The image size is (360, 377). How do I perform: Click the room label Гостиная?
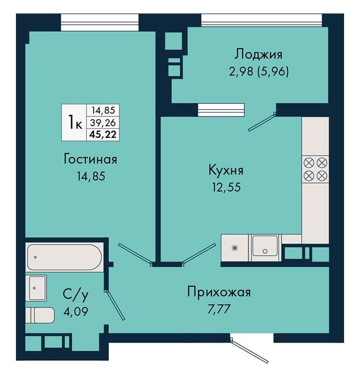point(91,159)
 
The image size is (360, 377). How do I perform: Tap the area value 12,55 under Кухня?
point(226,187)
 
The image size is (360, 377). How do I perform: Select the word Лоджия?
point(258,54)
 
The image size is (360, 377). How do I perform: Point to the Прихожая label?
point(219,292)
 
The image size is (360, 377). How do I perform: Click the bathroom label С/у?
point(76,295)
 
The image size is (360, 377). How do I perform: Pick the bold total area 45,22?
point(103,134)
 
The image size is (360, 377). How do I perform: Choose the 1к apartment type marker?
point(75,122)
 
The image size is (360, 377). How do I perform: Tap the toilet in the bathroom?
point(40,315)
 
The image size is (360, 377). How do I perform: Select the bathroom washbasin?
point(38,288)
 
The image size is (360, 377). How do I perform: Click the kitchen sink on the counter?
point(265,248)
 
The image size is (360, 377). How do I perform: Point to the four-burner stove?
point(315,169)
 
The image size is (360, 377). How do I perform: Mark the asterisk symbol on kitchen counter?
point(235,248)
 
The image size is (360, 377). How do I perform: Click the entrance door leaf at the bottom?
point(249,350)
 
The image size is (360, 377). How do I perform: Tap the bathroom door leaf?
point(114,305)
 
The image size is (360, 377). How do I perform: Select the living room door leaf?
point(135,255)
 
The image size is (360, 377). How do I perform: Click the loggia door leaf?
point(262,122)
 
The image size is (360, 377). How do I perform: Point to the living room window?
point(99,23)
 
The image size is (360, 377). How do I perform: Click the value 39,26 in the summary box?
point(103,123)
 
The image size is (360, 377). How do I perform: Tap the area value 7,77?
point(219,309)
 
